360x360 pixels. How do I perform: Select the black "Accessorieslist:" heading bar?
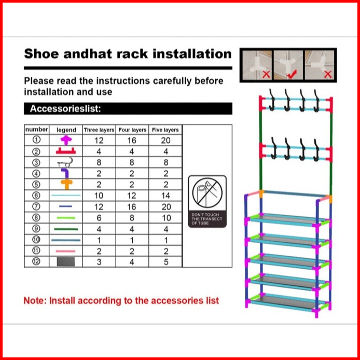pyautogui.click(x=128, y=109)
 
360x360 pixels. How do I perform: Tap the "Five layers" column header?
pyautogui.click(x=165, y=130)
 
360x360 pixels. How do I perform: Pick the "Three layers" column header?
pyautogui.click(x=99, y=130)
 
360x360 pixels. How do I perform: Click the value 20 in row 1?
pyautogui.click(x=165, y=141)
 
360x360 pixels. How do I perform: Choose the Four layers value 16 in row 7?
pyautogui.click(x=132, y=207)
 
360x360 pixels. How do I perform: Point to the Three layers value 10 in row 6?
pyautogui.click(x=99, y=196)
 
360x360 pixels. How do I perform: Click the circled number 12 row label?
pyautogui.click(x=36, y=262)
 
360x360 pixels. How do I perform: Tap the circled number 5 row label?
pyautogui.click(x=36, y=185)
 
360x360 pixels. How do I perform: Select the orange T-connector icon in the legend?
pyautogui.click(x=66, y=184)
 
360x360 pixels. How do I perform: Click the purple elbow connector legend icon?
pyautogui.click(x=66, y=173)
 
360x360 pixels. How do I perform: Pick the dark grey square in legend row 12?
pyautogui.click(x=66, y=262)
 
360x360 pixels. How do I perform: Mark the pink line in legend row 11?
pyautogui.click(x=66, y=251)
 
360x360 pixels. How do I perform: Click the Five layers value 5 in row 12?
pyautogui.click(x=165, y=262)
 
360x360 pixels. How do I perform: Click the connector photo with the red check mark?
pyautogui.click(x=288, y=65)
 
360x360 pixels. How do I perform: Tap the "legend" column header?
pyautogui.click(x=66, y=130)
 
